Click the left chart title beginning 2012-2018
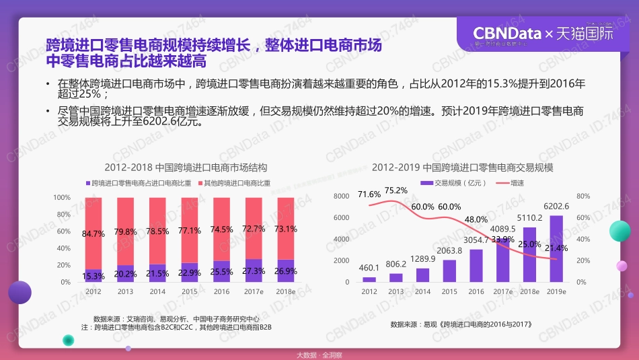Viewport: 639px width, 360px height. pyautogui.click(x=180, y=168)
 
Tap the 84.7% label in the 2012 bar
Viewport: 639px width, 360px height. pyautogui.click(x=93, y=234)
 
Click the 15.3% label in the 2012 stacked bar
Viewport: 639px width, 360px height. pyautogui.click(x=93, y=276)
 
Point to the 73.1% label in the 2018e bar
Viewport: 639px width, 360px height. pyautogui.click(x=285, y=229)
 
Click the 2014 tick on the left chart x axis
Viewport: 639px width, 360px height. pyautogui.click(x=157, y=291)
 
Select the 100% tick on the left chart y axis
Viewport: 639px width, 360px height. pyautogui.click(x=62, y=197)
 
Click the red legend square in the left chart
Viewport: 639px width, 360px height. pyautogui.click(x=201, y=183)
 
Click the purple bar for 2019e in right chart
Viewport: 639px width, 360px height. pyautogui.click(x=556, y=248)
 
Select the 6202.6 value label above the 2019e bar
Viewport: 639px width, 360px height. pyautogui.click(x=556, y=207)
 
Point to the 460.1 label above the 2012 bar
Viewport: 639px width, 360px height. pyautogui.click(x=369, y=268)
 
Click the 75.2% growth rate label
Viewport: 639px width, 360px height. pyautogui.click(x=396, y=190)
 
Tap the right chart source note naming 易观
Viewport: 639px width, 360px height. pyautogui.click(x=461, y=324)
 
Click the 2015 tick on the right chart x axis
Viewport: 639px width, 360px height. pyautogui.click(x=449, y=291)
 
